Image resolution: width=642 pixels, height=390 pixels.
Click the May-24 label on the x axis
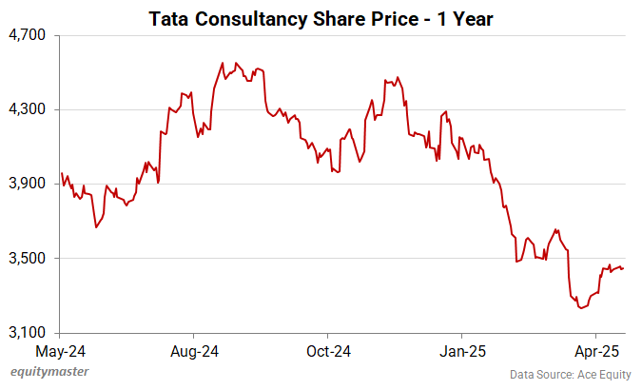(x=60, y=351)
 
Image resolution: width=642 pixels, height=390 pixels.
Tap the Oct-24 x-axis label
(x=327, y=351)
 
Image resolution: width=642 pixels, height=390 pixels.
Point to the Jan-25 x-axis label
(x=461, y=351)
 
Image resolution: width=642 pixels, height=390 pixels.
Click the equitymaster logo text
(x=44, y=374)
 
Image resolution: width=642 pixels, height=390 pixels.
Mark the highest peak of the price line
(x=223, y=63)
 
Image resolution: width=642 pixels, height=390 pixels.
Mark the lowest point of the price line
(x=579, y=308)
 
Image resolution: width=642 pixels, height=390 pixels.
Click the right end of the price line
(x=623, y=268)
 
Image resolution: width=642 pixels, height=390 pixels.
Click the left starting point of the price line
(x=61, y=173)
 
